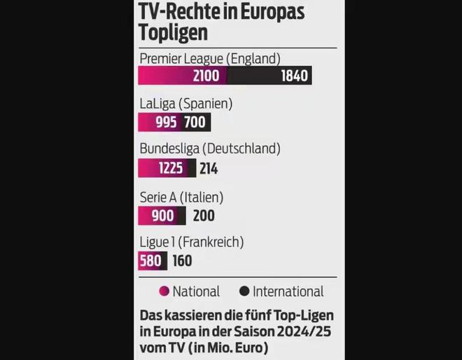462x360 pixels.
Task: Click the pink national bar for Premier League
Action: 182,76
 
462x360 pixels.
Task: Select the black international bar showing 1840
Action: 269,76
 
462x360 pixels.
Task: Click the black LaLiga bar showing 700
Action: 195,123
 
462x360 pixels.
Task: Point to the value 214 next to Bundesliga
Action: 208,168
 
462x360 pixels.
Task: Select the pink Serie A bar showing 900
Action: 162,216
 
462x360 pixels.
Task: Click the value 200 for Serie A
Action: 204,216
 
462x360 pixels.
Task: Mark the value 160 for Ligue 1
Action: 182,261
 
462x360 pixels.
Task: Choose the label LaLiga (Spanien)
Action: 185,104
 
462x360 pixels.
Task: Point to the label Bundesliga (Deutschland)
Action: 210,148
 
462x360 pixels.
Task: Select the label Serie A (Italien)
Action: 181,198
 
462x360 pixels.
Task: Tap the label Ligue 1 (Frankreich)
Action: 191,243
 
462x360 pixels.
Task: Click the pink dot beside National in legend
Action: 164,291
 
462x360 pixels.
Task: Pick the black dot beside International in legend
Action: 244,291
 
